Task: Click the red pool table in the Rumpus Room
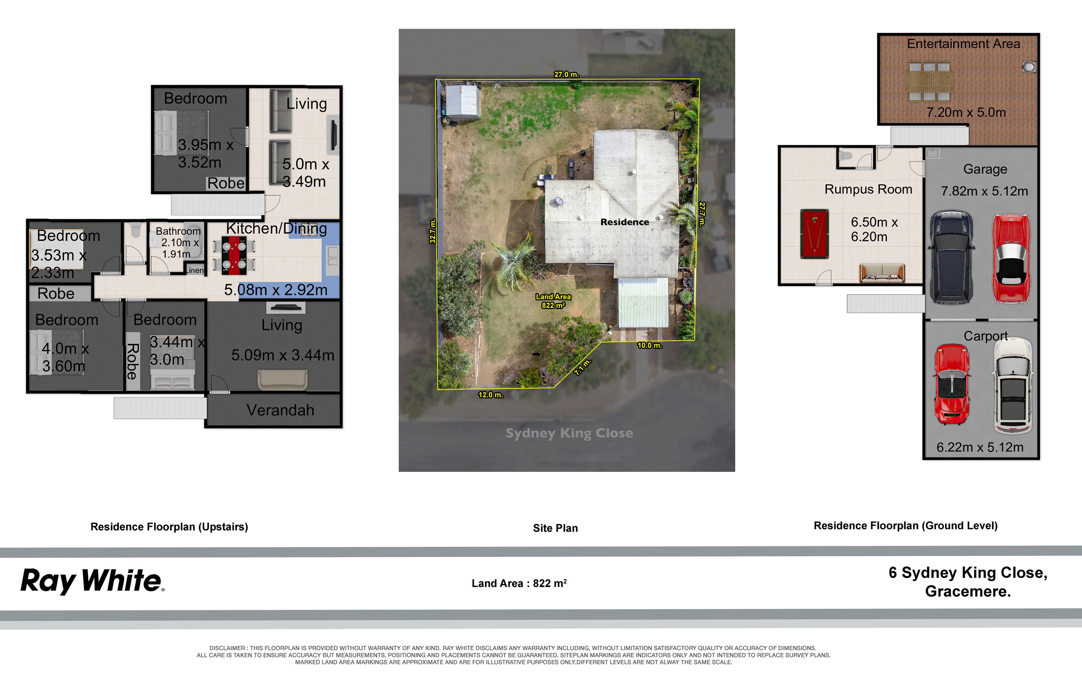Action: (x=814, y=234)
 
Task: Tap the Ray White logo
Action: (x=92, y=581)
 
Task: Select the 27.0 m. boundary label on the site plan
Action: (x=566, y=74)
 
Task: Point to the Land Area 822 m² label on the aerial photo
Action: (x=553, y=301)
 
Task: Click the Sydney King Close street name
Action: (x=569, y=433)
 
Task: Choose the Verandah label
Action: (x=280, y=410)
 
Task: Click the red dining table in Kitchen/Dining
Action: (x=234, y=255)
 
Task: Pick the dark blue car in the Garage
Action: (x=951, y=257)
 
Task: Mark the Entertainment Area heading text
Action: (x=963, y=44)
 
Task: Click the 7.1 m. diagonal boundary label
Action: (x=583, y=367)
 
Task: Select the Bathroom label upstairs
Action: (x=178, y=231)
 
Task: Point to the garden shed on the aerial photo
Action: (x=463, y=102)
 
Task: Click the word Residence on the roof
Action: (x=625, y=222)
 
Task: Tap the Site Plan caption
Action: (x=556, y=528)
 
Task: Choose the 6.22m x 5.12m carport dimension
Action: (x=980, y=447)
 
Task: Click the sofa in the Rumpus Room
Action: (x=882, y=273)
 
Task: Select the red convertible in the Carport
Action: (x=951, y=384)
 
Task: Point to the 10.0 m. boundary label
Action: (x=649, y=345)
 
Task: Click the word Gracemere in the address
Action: (x=968, y=591)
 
